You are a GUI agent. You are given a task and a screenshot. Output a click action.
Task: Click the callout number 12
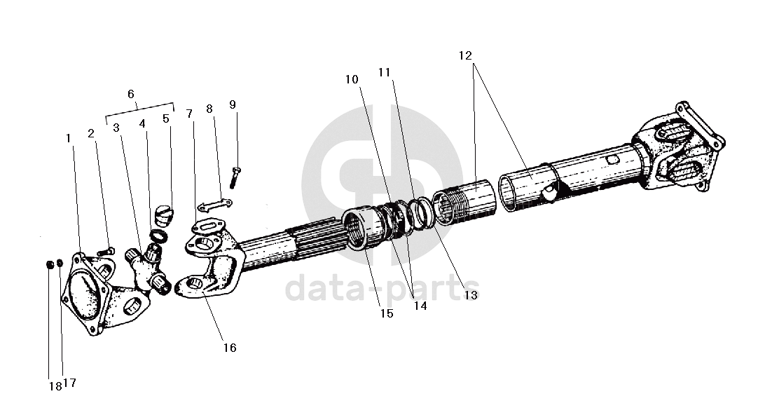[466, 55]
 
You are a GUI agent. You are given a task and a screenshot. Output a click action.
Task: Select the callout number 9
[233, 104]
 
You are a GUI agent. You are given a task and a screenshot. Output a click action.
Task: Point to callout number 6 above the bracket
[131, 94]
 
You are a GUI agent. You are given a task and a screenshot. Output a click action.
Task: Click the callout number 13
[471, 296]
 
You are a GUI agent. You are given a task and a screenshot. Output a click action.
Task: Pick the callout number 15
[387, 313]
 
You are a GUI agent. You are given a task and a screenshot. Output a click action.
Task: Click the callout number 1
[69, 138]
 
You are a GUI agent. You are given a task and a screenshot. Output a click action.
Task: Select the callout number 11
[384, 72]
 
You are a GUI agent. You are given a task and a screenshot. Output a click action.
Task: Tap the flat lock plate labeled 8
[214, 205]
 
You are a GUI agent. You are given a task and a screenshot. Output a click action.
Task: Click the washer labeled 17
[60, 264]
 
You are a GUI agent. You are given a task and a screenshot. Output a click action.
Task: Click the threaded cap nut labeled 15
[365, 228]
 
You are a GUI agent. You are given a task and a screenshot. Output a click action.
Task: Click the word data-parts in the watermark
[382, 288]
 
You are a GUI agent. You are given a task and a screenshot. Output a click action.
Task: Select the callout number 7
[189, 114]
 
